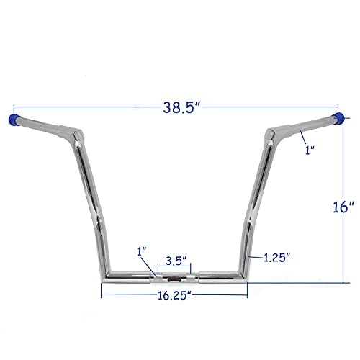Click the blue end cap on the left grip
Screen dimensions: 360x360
coord(12,117)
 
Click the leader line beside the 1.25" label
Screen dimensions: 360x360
coord(256,256)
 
